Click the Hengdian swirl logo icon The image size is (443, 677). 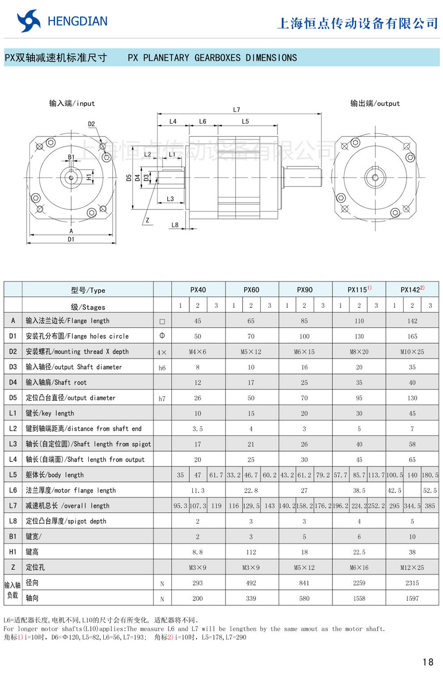click(x=29, y=21)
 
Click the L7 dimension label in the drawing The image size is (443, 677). click(x=236, y=110)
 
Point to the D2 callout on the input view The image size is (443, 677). click(x=91, y=124)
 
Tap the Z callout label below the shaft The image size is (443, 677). click(x=147, y=220)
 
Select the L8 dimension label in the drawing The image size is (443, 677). click(x=175, y=225)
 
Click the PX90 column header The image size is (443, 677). click(x=305, y=290)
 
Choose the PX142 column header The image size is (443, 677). click(x=412, y=290)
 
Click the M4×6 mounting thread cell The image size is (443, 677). click(x=197, y=352)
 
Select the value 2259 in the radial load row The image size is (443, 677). click(x=359, y=583)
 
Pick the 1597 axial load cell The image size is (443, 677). click(x=412, y=598)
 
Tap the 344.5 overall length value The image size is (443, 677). click(x=412, y=506)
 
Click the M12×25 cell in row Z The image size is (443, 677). click(x=412, y=567)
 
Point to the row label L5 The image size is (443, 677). click(x=13, y=475)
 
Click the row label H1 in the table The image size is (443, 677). click(x=13, y=552)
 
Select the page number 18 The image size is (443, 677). click(x=428, y=662)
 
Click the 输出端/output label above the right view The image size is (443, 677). click(x=375, y=103)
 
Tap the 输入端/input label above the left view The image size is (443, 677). click(x=72, y=103)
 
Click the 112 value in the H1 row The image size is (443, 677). click(x=251, y=552)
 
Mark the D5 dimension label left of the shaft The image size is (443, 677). click(x=129, y=178)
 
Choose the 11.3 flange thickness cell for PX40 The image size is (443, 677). click(x=197, y=490)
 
